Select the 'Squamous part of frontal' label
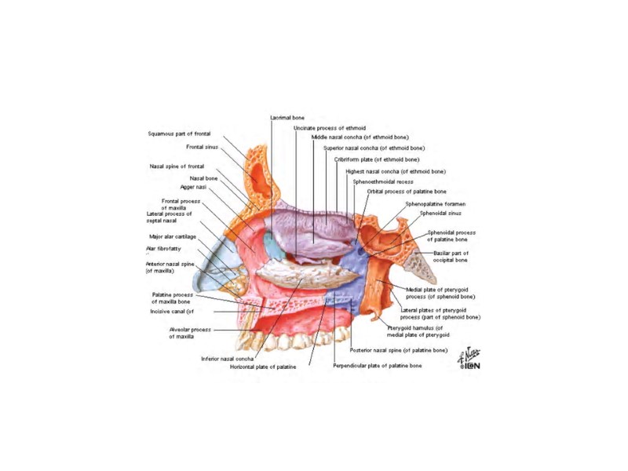pos(180,133)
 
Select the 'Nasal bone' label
pos(203,178)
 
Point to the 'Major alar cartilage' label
pos(173,236)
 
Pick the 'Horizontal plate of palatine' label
pos(263,367)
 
